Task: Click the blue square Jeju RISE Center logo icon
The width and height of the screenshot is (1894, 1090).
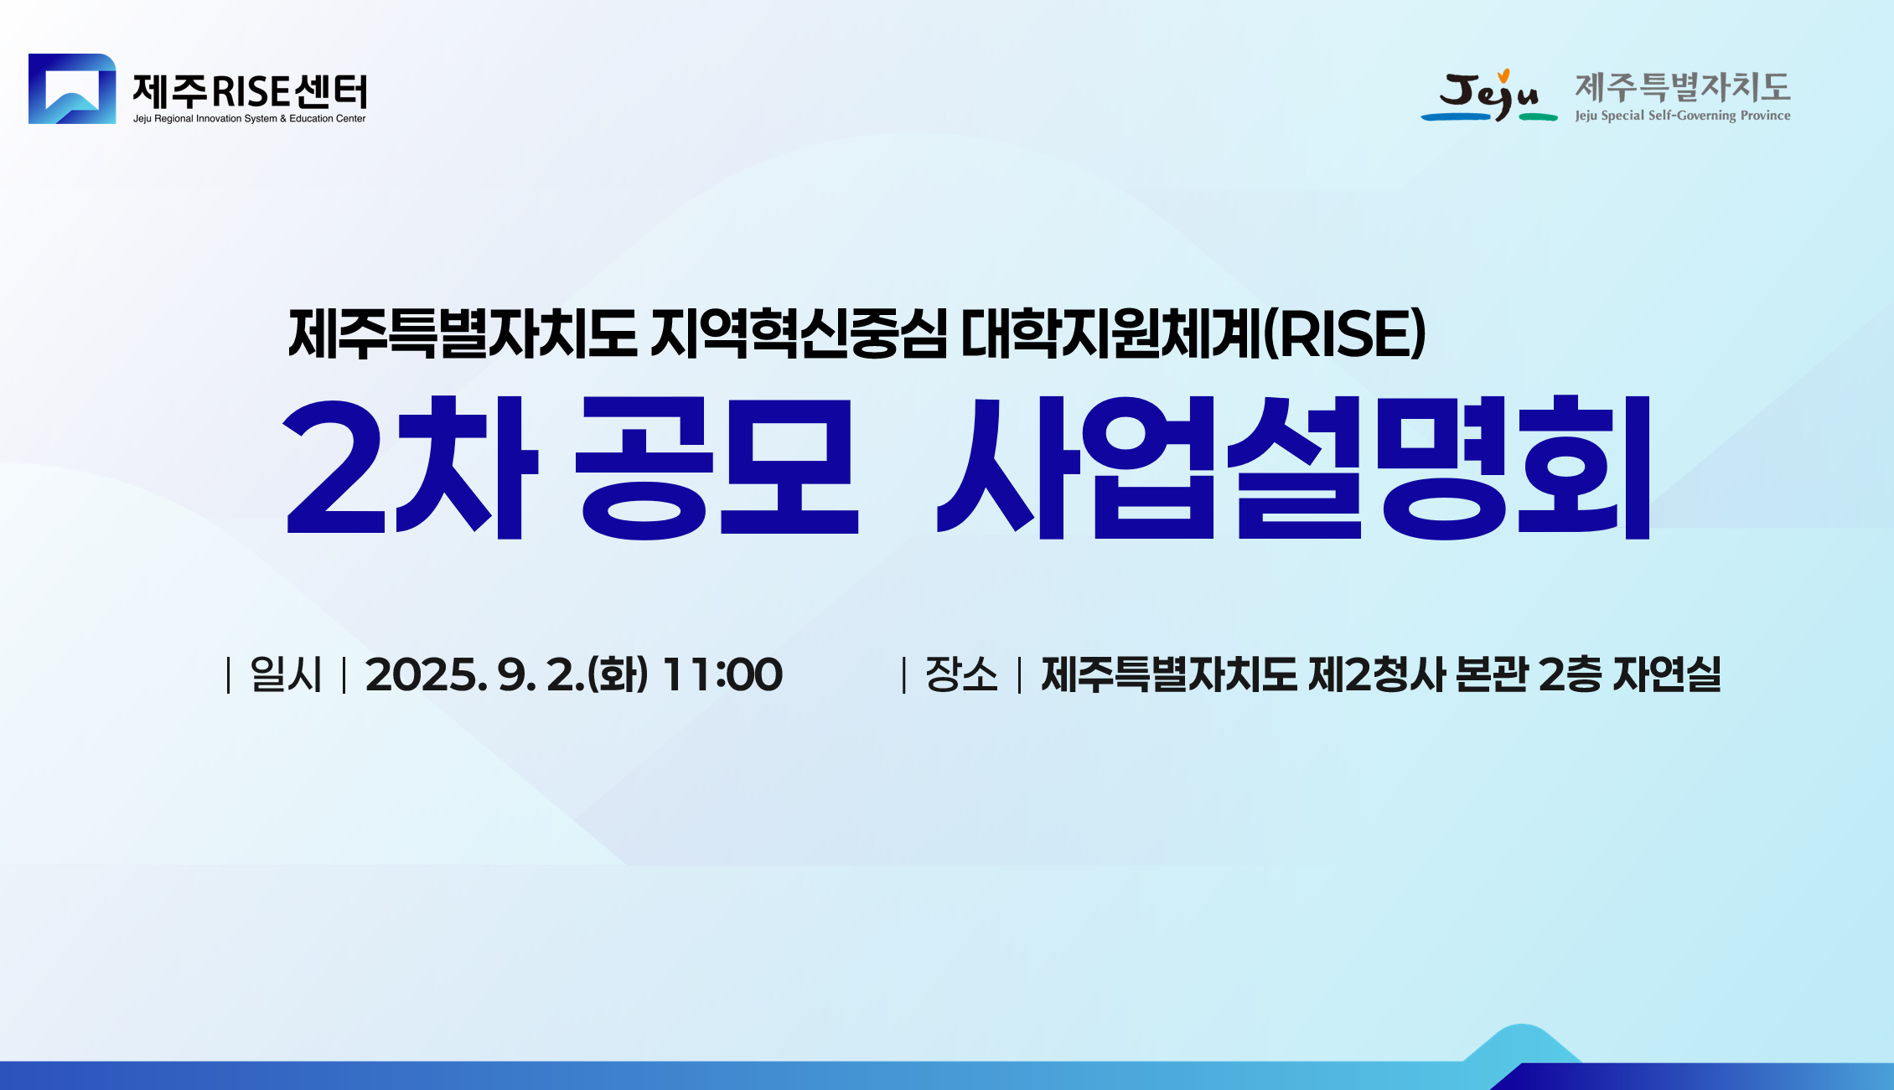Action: point(72,89)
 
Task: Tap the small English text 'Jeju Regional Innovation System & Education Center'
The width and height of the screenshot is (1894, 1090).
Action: point(249,119)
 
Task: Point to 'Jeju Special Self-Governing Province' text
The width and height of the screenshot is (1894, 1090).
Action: point(1682,116)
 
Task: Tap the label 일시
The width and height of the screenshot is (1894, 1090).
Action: point(286,674)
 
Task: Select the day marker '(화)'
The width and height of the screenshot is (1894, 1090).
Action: point(618,674)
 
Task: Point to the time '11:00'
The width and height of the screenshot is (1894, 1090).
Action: point(722,674)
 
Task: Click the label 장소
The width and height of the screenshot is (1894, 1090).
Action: point(961,674)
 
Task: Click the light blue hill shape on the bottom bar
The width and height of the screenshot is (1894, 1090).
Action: point(1521,1043)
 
